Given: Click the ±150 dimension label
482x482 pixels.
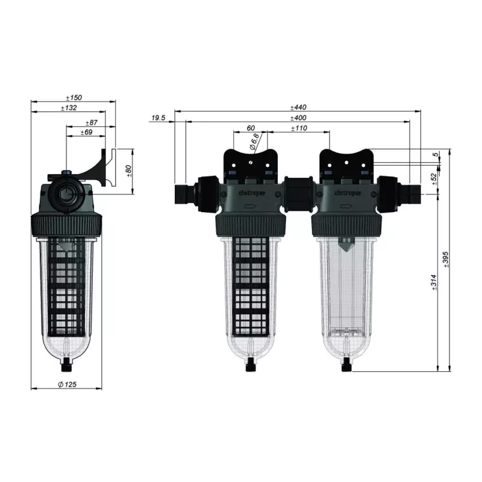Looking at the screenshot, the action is (x=74, y=98).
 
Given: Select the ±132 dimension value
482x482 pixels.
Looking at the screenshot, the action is (x=69, y=108).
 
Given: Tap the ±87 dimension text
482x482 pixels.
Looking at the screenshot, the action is (x=92, y=123).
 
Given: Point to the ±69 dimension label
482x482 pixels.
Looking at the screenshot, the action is (x=86, y=133).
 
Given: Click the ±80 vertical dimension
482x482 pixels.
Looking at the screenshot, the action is (x=129, y=171).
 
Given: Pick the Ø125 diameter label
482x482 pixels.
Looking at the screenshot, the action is (x=67, y=384).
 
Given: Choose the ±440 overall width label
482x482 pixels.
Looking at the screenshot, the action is (x=298, y=107).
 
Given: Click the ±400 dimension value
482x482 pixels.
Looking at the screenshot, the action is (x=298, y=117).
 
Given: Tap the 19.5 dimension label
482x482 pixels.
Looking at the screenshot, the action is (x=158, y=117).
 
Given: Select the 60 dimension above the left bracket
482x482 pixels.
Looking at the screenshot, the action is (x=251, y=128).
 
